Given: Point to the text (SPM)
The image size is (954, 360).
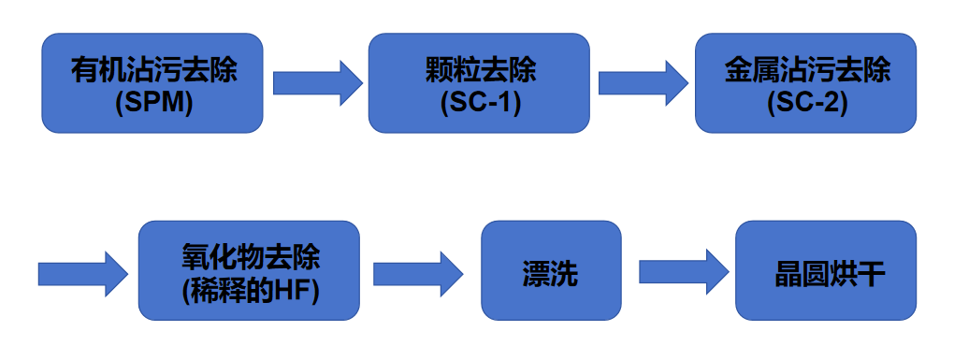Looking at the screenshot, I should pyautogui.click(x=153, y=102).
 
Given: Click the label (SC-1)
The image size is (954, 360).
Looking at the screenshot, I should pyautogui.click(x=480, y=102).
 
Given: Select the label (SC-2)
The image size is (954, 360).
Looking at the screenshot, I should pyautogui.click(x=807, y=102).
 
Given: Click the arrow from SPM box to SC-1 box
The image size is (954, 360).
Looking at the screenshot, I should pyautogui.click(x=317, y=83).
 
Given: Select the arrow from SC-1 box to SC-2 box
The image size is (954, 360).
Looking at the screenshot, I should pyautogui.click(x=643, y=83).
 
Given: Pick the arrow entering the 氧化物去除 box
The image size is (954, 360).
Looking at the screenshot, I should pyautogui.click(x=82, y=274).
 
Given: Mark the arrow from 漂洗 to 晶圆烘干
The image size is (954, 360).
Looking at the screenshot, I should pyautogui.click(x=683, y=272).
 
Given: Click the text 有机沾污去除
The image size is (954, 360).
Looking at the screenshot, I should pyautogui.click(x=153, y=70).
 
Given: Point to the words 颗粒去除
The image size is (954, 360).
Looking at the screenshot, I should pyautogui.click(x=480, y=70).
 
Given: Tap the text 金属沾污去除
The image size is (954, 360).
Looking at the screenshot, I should pyautogui.click(x=807, y=70).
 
